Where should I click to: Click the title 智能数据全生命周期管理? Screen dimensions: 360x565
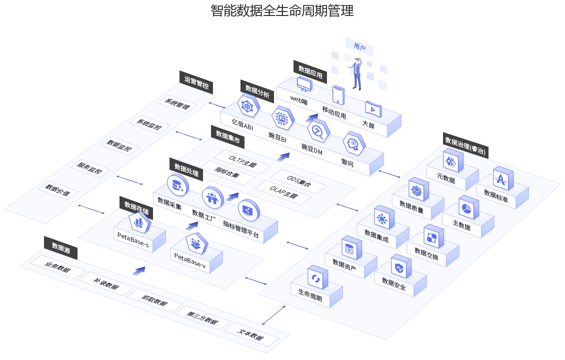click(282, 11)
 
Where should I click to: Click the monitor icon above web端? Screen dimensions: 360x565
click(304, 84)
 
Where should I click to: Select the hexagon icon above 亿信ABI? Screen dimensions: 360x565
click(246, 106)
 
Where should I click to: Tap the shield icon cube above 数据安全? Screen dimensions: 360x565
click(399, 267)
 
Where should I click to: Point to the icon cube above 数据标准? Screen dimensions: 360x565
click(501, 178)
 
